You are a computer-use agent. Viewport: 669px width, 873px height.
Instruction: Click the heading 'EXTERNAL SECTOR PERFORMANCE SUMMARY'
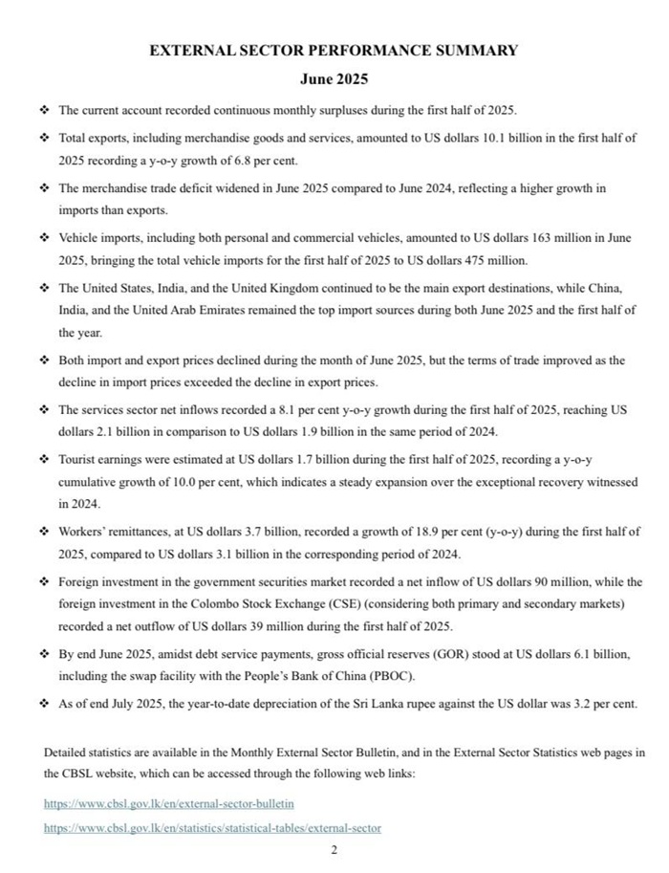point(334,51)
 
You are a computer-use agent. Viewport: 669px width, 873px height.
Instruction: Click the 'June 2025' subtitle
point(334,79)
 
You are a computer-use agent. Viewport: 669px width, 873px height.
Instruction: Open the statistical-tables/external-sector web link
point(212,828)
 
